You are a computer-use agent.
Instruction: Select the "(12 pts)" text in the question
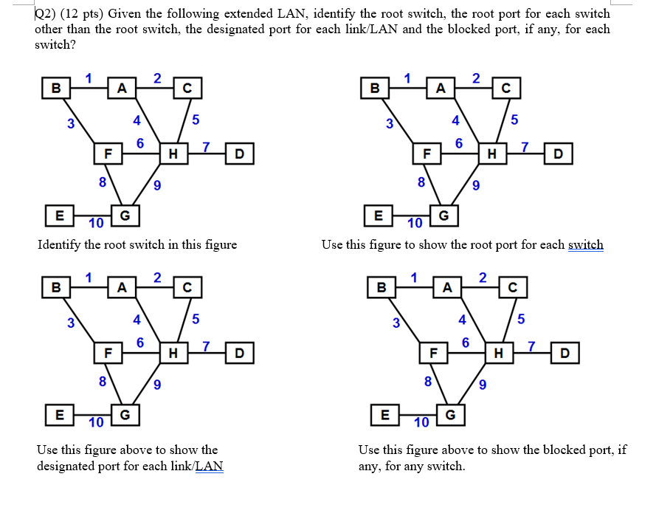point(85,13)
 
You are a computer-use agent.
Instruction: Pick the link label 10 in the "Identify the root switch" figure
point(95,224)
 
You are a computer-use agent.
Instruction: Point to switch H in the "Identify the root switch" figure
point(173,154)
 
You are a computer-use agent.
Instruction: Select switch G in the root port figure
point(443,216)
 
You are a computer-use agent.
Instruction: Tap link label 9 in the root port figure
point(477,185)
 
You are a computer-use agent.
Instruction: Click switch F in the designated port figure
point(108,353)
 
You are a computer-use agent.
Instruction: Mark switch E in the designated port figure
point(59,414)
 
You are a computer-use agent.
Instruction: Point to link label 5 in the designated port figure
point(195,319)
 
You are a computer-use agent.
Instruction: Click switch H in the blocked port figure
point(497,353)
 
